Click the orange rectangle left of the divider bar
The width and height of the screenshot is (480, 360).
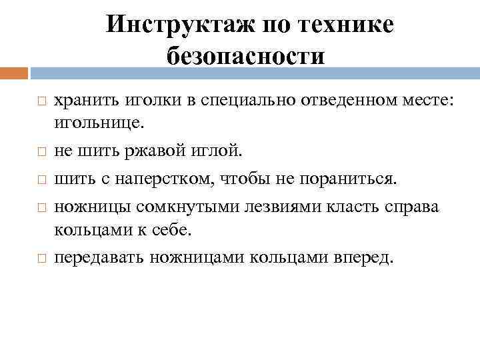14,73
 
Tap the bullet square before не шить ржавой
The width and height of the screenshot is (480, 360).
41,152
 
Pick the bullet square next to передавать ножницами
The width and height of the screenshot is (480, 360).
41,258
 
